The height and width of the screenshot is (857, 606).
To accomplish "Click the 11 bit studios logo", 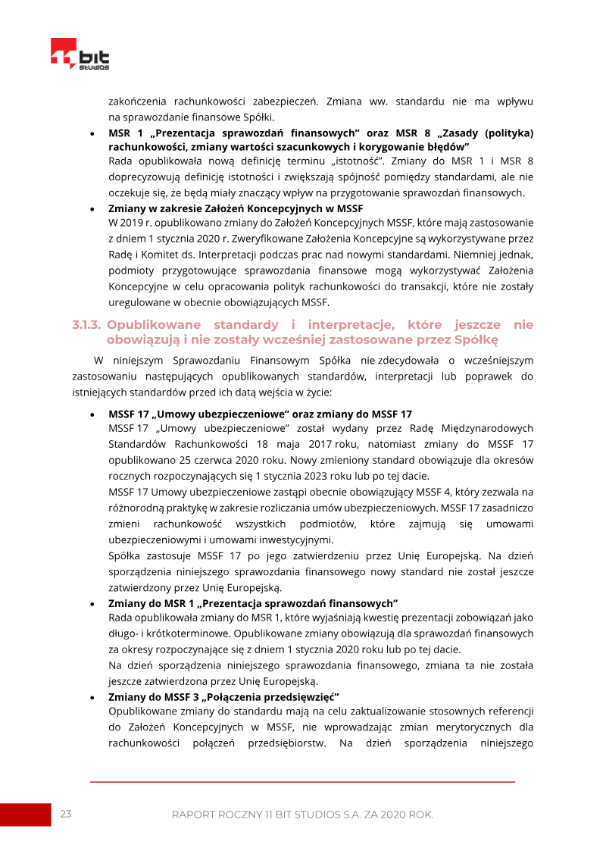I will (x=80, y=55).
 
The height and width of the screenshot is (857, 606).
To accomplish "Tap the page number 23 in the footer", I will (x=66, y=814).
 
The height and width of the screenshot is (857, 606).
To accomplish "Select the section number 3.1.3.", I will (x=87, y=325).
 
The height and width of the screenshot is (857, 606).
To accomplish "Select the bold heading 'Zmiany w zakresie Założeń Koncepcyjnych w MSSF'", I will (x=236, y=208).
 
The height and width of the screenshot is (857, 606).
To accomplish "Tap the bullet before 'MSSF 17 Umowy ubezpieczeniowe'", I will (x=92, y=414).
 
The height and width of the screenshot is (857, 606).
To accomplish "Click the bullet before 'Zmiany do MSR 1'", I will (x=92, y=603).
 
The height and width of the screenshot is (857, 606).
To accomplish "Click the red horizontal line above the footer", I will (x=302, y=781).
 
